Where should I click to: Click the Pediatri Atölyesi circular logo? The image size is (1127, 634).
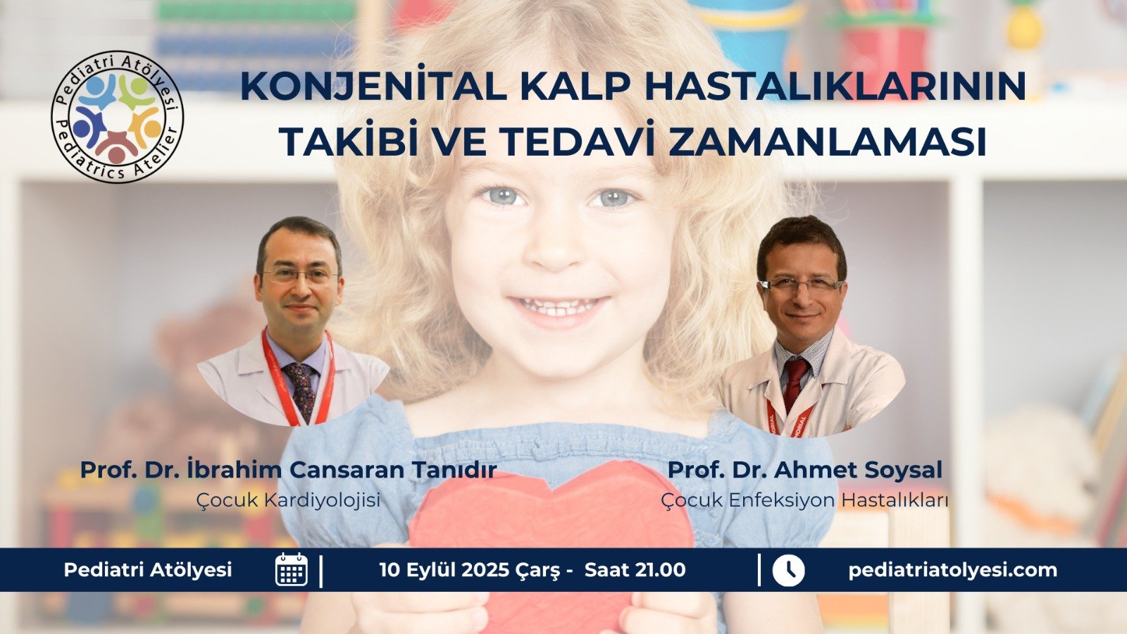[117, 116]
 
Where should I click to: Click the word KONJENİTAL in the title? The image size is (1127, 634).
[373, 87]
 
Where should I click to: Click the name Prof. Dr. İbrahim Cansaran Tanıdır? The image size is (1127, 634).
[288, 470]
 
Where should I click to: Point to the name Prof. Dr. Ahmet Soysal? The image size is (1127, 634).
[804, 470]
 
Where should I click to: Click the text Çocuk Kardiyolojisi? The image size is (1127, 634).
[288, 500]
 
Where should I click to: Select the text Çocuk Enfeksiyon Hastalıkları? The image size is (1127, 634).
[804, 500]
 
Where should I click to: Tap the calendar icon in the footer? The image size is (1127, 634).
[292, 570]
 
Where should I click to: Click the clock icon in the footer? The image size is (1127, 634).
[788, 570]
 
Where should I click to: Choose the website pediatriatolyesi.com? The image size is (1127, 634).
[953, 570]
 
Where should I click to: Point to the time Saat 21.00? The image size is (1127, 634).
[635, 570]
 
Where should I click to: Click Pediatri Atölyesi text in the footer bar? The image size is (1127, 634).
[148, 570]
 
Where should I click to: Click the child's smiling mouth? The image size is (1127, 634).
[558, 306]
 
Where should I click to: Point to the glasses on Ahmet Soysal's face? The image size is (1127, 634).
[801, 285]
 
